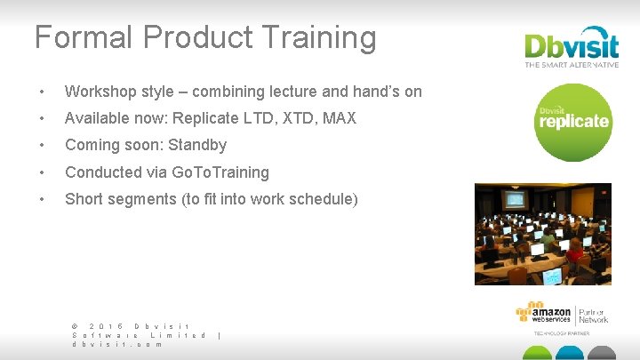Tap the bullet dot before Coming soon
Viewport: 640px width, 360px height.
click(40, 146)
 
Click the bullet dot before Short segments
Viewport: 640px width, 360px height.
click(40, 200)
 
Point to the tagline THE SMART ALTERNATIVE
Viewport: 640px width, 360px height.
click(572, 65)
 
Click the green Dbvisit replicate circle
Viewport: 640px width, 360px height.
click(572, 122)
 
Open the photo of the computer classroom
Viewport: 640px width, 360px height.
click(542, 234)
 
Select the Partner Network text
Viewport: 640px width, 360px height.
click(593, 315)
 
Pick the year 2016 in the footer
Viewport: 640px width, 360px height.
click(105, 325)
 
